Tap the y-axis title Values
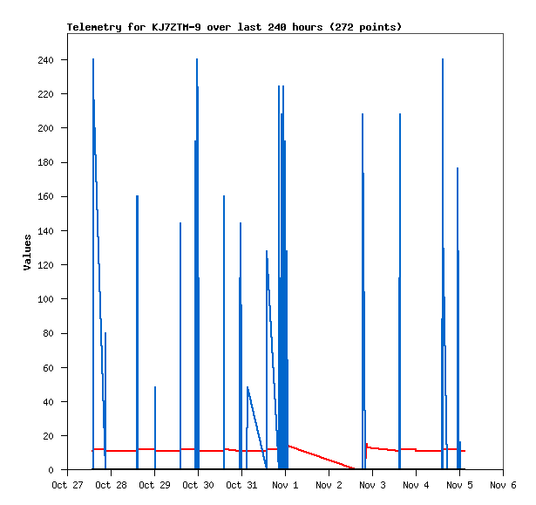[x=28, y=252]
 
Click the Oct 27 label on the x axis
[x=67, y=485]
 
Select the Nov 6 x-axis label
[x=504, y=485]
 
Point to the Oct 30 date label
[x=198, y=485]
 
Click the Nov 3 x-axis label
[x=373, y=485]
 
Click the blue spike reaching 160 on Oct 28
[x=137, y=305]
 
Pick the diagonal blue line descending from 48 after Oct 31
[x=256, y=427]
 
